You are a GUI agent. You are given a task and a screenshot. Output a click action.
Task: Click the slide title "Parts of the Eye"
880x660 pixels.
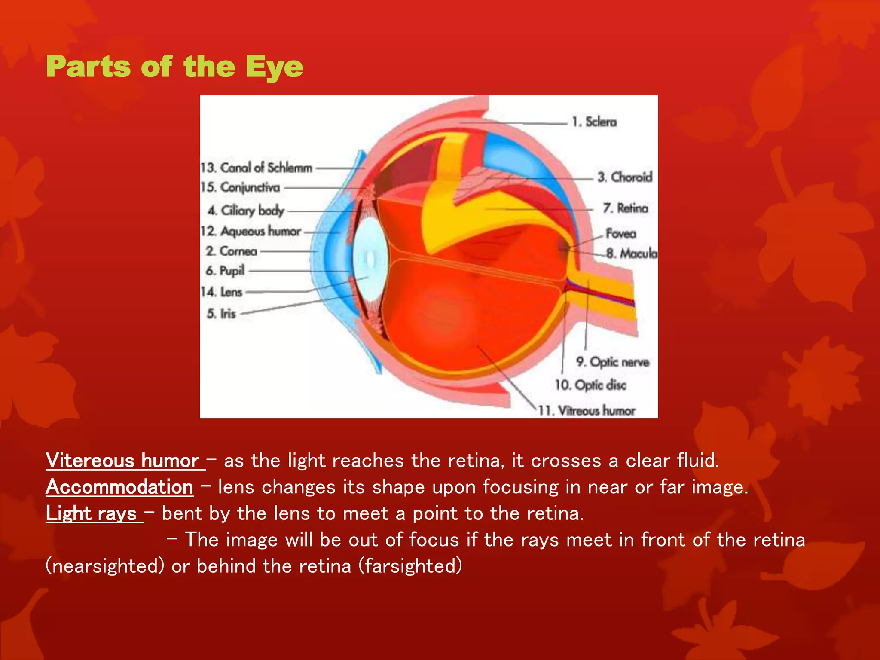pos(174,67)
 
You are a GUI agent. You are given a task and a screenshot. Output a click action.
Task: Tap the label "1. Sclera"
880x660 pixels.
pos(594,122)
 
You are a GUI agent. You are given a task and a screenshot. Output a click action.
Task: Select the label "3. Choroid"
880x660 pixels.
pos(625,177)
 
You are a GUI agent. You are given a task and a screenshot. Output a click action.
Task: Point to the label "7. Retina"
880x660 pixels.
pos(625,208)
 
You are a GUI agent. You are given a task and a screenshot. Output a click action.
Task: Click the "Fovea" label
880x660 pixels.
pos(620,234)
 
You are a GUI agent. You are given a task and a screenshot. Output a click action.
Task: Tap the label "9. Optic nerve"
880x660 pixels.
pos(612,362)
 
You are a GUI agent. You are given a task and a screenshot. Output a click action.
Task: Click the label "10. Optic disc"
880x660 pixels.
pos(590,385)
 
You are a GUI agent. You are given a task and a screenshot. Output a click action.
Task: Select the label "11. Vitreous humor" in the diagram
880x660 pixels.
pos(587,411)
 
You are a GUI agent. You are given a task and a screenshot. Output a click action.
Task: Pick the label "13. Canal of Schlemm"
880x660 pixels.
pos(257,168)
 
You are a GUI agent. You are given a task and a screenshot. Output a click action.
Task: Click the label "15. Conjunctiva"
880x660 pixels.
pos(240,187)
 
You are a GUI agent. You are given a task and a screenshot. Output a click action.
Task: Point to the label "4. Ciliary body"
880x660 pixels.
pos(246,211)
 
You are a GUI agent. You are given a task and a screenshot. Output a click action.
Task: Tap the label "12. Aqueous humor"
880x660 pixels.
pos(251,231)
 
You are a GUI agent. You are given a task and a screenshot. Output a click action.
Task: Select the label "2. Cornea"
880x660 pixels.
pos(231,251)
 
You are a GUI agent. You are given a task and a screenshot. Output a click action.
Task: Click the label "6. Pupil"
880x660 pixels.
pos(225,271)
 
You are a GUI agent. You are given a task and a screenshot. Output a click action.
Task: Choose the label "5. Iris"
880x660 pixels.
pos(221,313)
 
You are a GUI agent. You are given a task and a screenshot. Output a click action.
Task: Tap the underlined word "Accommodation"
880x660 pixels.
pos(119,487)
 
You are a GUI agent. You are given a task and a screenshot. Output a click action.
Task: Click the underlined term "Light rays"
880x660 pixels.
pos(92,513)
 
